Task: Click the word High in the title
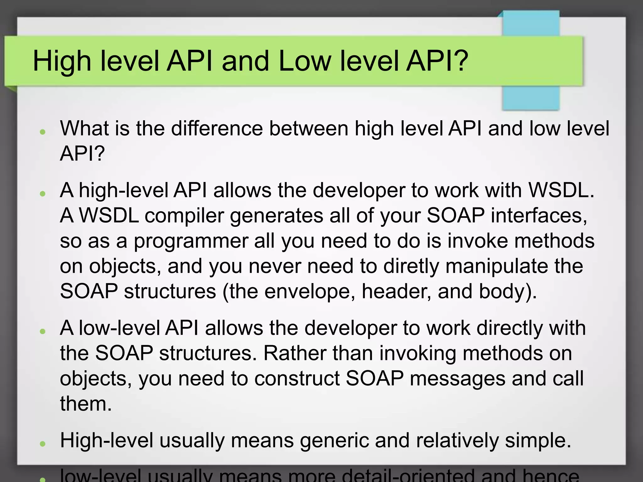coord(62,61)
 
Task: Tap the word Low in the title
coord(304,61)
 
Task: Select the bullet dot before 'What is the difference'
coord(43,131)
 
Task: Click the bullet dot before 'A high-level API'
coord(43,193)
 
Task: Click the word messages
coord(457,378)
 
